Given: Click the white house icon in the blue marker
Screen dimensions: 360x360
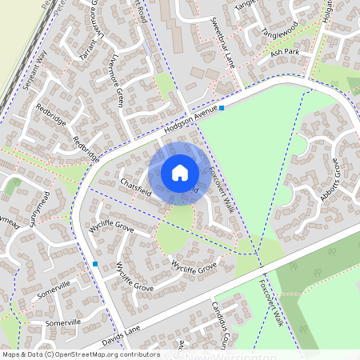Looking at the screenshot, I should (180, 173).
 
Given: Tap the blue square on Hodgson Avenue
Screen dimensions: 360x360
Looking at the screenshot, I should (222, 107).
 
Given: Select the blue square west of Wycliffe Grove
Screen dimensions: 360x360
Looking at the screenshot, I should (95, 264).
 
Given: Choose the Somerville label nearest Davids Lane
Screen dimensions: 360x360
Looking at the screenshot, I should (64, 322).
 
